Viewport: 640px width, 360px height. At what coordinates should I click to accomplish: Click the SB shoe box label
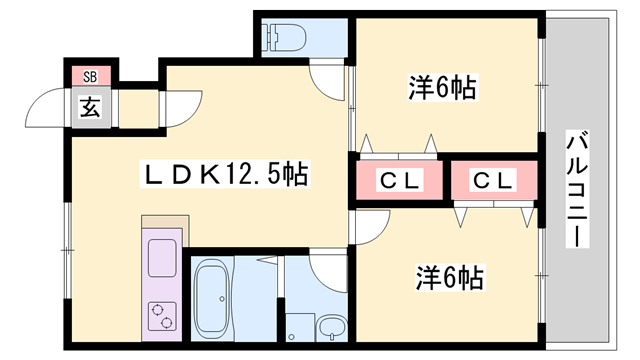(90, 76)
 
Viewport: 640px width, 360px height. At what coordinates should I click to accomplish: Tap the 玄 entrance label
(90, 106)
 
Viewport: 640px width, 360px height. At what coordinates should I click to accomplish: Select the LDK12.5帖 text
(222, 175)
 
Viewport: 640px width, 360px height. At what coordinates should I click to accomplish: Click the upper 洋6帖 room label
(441, 88)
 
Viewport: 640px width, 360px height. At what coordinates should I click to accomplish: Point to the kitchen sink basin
(161, 258)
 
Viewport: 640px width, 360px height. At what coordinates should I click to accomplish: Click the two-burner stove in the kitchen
(161, 313)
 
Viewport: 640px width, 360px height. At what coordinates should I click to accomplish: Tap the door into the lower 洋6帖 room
(368, 228)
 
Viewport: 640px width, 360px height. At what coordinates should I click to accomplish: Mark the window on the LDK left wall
(67, 240)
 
